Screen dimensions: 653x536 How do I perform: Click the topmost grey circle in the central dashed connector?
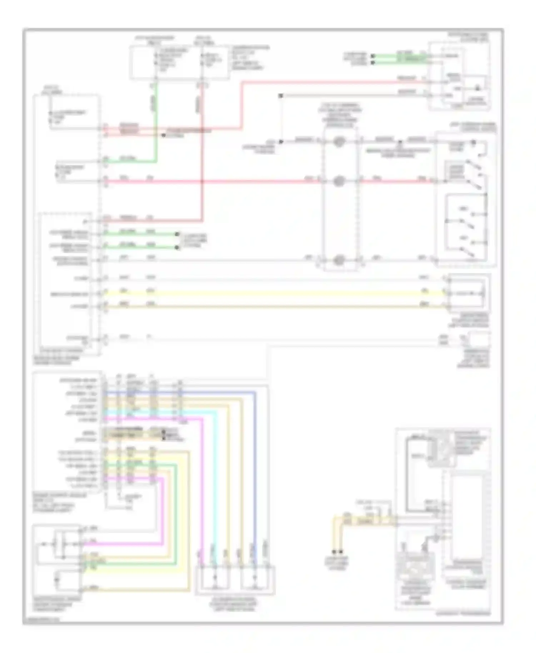click(x=338, y=142)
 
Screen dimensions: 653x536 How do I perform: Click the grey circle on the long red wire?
click(x=338, y=181)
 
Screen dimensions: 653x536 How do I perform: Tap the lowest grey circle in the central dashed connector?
click(x=338, y=260)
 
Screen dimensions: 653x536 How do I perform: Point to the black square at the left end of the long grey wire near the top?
click(x=281, y=96)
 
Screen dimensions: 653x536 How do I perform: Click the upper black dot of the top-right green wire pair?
click(x=373, y=56)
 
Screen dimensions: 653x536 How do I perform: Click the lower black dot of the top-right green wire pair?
click(x=373, y=63)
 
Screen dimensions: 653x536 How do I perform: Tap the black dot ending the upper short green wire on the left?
click(x=177, y=234)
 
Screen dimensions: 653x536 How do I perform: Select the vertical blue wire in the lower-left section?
click(x=255, y=464)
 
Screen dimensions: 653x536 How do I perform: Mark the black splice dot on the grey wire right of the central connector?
click(x=400, y=142)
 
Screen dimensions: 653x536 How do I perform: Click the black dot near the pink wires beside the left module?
click(x=163, y=135)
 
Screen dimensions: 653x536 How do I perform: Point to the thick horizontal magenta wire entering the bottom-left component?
click(x=121, y=544)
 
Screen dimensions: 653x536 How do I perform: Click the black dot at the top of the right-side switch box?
click(x=473, y=142)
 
